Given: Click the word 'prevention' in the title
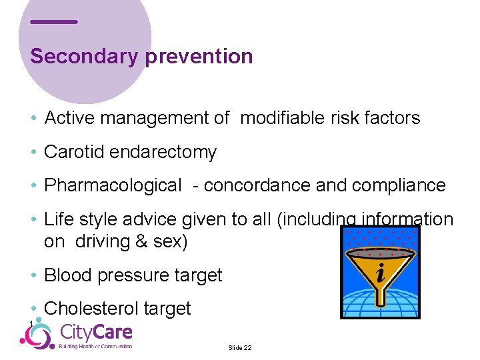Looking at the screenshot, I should point(199,57).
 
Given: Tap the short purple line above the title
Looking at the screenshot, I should point(54,22).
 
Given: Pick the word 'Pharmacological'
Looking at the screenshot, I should point(112,185).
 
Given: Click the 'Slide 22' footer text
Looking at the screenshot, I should point(240,348).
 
